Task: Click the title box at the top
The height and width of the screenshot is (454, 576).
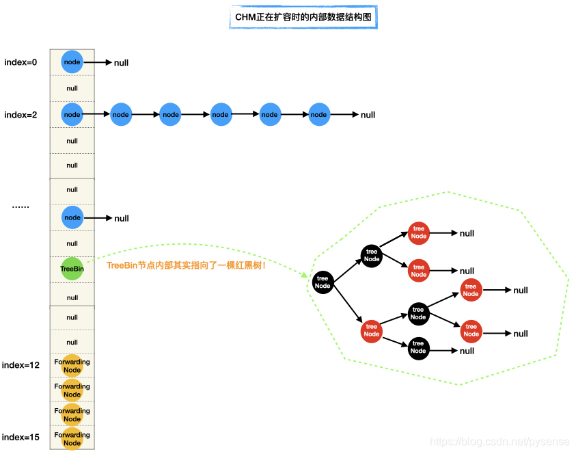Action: pyautogui.click(x=303, y=18)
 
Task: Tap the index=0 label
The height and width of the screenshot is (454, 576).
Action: pyautogui.click(x=21, y=62)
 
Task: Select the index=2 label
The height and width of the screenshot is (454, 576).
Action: pyautogui.click(x=21, y=115)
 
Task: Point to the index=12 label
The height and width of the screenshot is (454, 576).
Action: pyautogui.click(x=21, y=365)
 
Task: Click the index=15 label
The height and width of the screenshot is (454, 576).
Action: pyautogui.click(x=21, y=437)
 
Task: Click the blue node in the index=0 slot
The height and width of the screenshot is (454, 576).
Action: pyautogui.click(x=72, y=62)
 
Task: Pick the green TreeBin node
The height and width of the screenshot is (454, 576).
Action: pyautogui.click(x=72, y=269)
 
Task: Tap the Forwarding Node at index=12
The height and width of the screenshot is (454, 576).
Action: pyautogui.click(x=72, y=366)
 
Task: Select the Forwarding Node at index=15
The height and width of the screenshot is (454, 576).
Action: pyautogui.click(x=72, y=438)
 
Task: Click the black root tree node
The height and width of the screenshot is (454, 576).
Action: pyautogui.click(x=323, y=282)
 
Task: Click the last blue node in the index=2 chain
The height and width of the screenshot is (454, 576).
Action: pyautogui.click(x=319, y=115)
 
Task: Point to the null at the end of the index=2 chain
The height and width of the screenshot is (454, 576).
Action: pyautogui.click(x=368, y=115)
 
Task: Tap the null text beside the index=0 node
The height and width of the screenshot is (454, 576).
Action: pyautogui.click(x=122, y=63)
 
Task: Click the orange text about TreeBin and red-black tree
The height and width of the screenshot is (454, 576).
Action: pyautogui.click(x=186, y=265)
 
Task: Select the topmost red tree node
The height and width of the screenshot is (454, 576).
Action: pyautogui.click(x=419, y=232)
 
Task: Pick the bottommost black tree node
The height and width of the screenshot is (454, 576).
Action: pyautogui.click(x=418, y=347)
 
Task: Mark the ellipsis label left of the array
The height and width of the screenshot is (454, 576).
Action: pyautogui.click(x=20, y=205)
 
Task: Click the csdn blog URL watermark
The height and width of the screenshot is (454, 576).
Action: pyautogui.click(x=500, y=442)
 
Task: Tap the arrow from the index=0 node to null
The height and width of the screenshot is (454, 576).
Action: pyautogui.click(x=98, y=62)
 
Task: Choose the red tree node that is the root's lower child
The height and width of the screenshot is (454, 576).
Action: pyautogui.click(x=372, y=331)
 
